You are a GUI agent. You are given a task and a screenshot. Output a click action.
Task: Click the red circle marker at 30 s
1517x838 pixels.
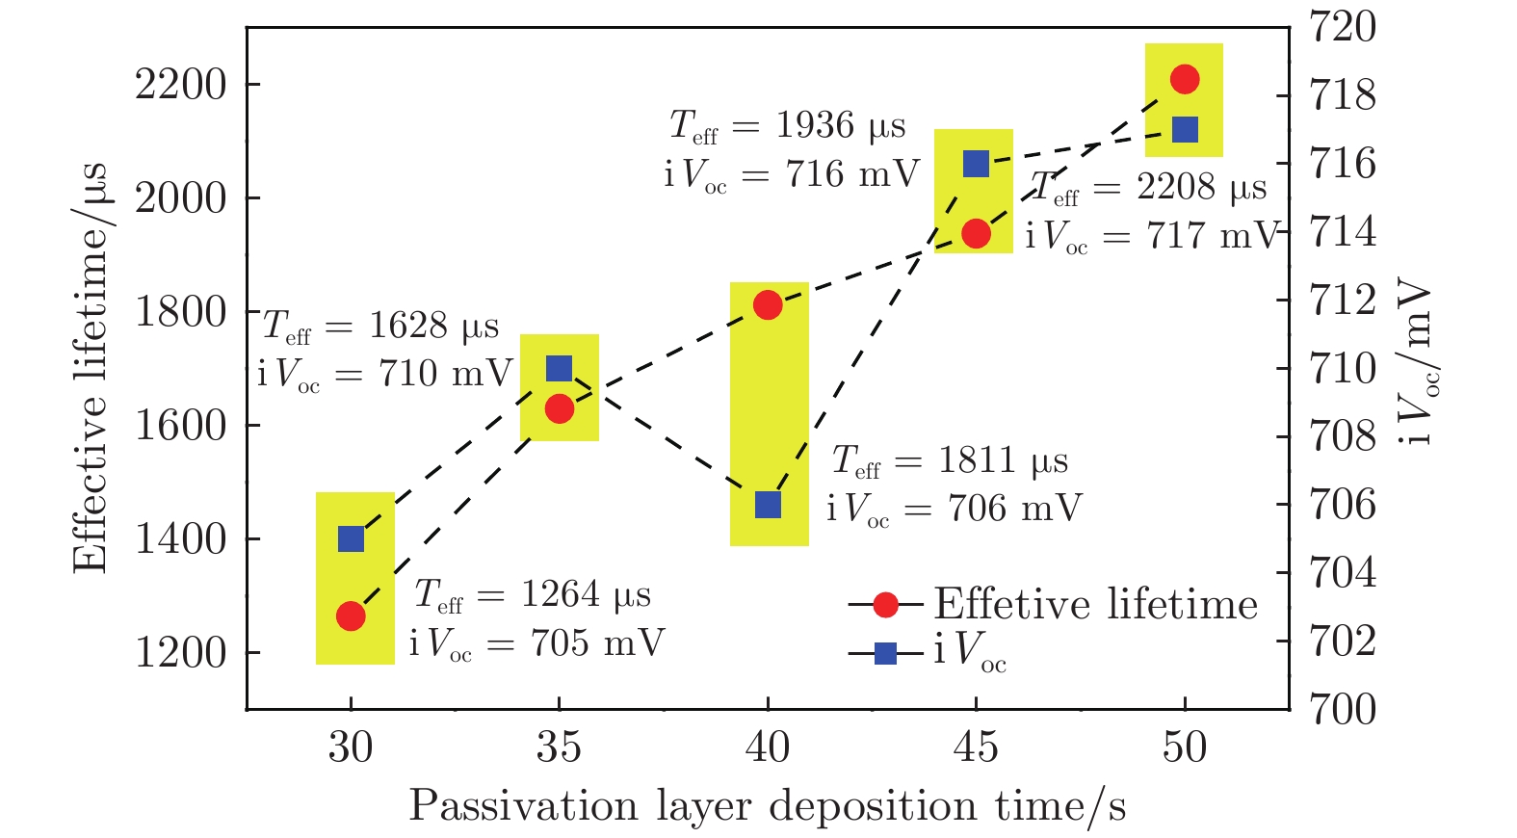coord(351,615)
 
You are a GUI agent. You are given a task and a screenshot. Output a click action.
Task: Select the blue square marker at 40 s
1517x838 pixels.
coord(768,504)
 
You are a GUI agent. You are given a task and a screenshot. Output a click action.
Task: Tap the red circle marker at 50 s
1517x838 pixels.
coord(1185,79)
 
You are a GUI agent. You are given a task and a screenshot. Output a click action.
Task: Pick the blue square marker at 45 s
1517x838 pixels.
coord(976,164)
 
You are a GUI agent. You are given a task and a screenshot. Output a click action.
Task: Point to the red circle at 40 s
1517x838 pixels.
coord(768,306)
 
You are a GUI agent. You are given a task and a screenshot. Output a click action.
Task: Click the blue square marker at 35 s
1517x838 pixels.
coord(559,368)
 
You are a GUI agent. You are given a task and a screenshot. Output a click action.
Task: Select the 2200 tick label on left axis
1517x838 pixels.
coord(180,85)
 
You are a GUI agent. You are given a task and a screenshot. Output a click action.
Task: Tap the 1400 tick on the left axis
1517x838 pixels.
coord(180,539)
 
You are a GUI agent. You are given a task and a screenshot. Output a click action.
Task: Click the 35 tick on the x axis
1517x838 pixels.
coord(559,747)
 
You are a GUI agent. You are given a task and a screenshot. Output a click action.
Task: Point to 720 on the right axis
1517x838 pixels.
coord(1344,27)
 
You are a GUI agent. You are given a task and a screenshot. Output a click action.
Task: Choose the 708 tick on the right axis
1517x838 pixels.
coord(1344,436)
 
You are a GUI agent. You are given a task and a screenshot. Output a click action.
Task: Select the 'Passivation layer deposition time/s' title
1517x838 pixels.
coord(767,806)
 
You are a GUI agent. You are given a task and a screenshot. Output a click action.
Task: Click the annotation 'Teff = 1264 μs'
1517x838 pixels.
coord(533,595)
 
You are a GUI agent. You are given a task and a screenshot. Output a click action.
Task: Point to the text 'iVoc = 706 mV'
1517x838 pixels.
coord(954,509)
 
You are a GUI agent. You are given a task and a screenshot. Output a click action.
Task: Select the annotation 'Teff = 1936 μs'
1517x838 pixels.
coord(788,126)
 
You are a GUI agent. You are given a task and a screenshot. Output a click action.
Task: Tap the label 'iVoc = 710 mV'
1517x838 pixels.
coord(384,374)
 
